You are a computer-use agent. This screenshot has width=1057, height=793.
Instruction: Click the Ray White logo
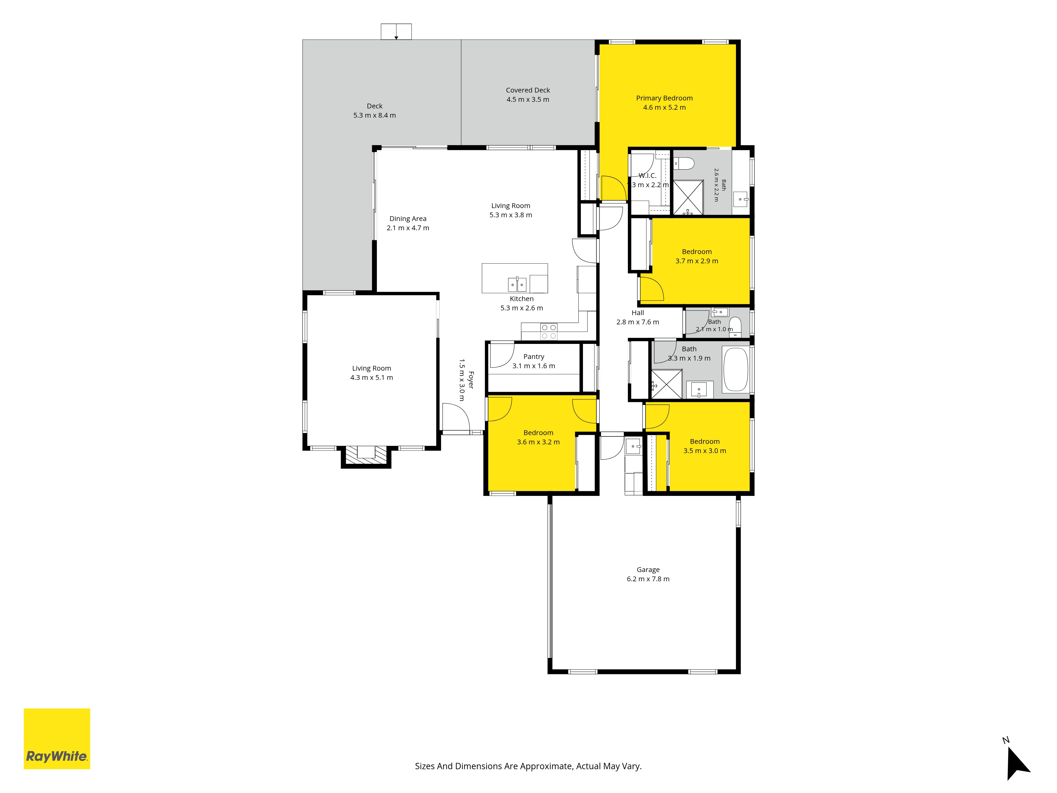(x=57, y=739)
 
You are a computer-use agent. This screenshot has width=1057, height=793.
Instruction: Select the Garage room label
(x=648, y=574)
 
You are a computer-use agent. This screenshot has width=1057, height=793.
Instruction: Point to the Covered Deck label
(x=528, y=95)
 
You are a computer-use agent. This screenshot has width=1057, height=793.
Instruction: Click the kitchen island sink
(x=517, y=284)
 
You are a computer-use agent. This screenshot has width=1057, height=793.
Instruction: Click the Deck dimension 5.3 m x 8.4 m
(x=375, y=115)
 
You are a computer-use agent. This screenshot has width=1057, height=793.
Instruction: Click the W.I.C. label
(x=647, y=176)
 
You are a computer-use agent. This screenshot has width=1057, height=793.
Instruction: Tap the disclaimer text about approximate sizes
(x=528, y=766)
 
